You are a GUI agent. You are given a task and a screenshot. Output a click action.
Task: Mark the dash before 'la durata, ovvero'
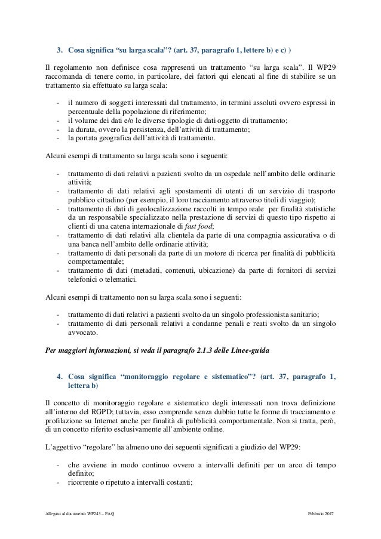pyautogui.click(x=57, y=130)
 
